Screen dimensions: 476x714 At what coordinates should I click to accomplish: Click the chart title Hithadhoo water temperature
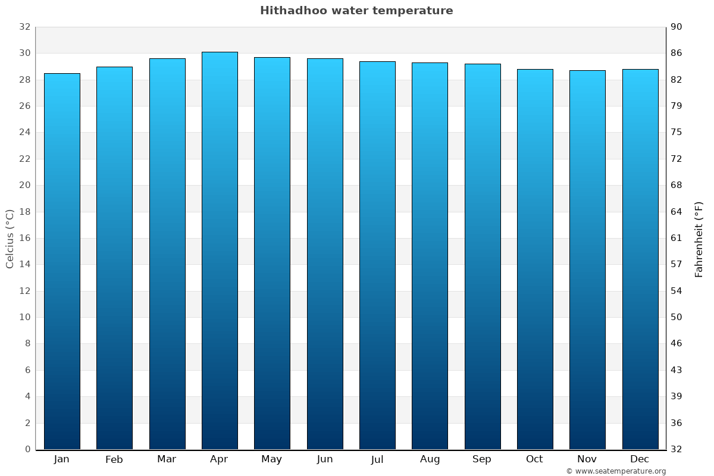[x=356, y=11]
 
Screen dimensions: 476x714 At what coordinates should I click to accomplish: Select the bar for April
[x=220, y=250]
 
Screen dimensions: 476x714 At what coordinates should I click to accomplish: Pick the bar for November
[x=587, y=259]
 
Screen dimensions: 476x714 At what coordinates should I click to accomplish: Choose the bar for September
[x=483, y=256]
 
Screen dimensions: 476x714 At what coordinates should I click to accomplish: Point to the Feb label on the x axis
[x=114, y=459]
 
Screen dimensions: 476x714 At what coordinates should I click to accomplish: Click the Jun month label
[x=325, y=459]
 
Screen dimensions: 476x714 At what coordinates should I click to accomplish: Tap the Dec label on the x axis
[x=640, y=459]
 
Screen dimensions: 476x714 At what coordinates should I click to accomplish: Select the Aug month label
[x=430, y=459]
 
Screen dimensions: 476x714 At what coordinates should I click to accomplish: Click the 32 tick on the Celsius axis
[x=24, y=27]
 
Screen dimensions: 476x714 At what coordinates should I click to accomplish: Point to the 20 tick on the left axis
[x=24, y=185]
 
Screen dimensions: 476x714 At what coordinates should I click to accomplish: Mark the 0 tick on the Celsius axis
[x=27, y=449]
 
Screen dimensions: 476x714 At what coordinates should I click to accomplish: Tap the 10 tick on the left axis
[x=24, y=317]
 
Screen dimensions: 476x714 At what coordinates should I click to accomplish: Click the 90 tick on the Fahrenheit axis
[x=677, y=27]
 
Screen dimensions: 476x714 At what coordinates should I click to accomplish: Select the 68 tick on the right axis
[x=677, y=185]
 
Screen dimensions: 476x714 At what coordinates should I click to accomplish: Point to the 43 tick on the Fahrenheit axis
[x=677, y=370]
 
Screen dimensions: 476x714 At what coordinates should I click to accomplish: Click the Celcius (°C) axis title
[x=10, y=239]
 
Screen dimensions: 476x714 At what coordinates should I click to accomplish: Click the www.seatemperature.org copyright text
[x=616, y=471]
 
